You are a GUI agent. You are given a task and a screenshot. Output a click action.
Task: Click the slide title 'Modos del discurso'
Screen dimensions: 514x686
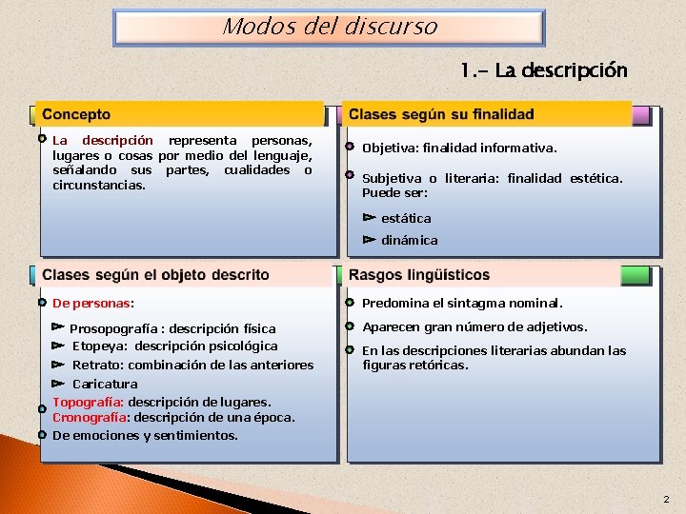330,27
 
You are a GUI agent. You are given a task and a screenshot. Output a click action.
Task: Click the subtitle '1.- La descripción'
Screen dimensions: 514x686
543,70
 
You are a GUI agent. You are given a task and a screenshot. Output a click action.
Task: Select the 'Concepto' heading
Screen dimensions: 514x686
76,115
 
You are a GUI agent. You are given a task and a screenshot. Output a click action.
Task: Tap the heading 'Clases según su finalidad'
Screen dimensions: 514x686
441,115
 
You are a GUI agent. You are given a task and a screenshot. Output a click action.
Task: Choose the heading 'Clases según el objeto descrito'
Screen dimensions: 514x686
155,275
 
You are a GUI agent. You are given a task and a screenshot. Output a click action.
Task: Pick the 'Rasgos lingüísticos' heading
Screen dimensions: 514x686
419,275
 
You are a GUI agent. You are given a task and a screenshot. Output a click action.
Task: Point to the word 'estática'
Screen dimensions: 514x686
406,218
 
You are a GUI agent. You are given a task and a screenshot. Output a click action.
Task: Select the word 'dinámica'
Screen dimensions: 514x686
410,240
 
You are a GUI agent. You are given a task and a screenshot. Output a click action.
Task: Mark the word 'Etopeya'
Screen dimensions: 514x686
98,346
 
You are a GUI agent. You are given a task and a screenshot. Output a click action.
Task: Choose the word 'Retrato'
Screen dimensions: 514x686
97,365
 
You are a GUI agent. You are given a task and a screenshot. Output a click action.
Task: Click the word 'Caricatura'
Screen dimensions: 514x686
105,384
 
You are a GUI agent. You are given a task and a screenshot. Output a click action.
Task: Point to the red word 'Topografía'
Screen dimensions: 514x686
88,402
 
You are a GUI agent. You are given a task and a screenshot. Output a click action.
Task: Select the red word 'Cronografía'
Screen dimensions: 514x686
91,417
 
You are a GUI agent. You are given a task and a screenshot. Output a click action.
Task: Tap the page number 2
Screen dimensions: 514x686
666,499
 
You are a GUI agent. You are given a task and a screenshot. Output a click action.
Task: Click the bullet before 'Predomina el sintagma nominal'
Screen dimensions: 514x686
350,303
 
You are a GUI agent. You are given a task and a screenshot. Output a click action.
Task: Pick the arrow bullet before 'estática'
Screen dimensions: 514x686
369,218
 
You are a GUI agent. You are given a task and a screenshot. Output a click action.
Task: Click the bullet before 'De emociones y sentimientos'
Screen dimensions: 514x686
43,434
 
